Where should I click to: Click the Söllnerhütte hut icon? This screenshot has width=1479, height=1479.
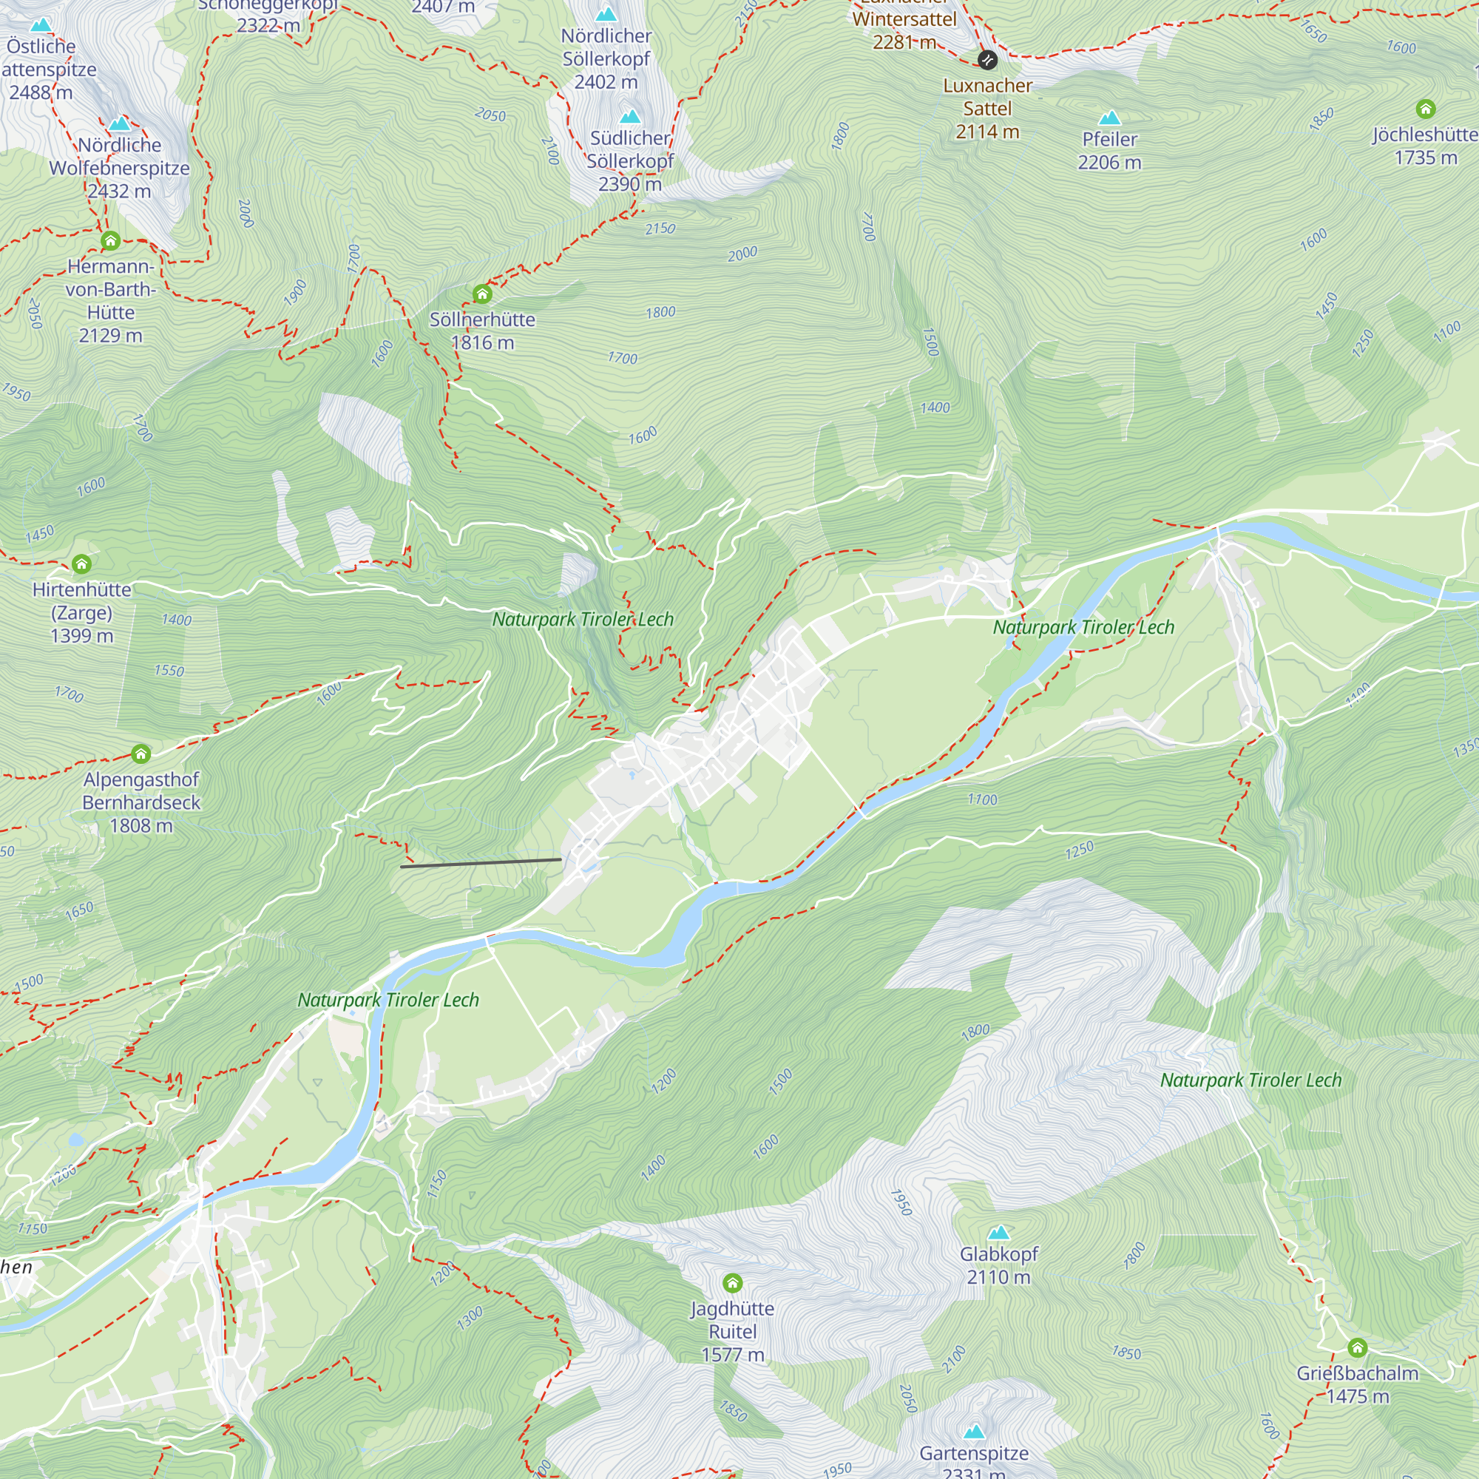click(x=481, y=294)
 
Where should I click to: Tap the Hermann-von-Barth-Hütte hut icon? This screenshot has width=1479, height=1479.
click(x=110, y=241)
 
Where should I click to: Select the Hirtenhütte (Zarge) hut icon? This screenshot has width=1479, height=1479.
click(x=81, y=564)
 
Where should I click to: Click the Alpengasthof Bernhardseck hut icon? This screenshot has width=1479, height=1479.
click(x=141, y=754)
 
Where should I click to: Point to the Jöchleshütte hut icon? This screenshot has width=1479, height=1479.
click(x=1426, y=109)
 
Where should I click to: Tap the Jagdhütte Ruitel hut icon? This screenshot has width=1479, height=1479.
click(x=733, y=1282)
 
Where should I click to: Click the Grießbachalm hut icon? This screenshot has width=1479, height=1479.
click(x=1357, y=1347)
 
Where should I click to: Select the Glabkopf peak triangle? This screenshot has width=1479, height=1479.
click(x=998, y=1233)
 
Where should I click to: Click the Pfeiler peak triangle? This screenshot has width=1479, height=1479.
click(x=1109, y=118)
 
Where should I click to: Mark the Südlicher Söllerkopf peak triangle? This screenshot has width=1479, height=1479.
click(x=630, y=116)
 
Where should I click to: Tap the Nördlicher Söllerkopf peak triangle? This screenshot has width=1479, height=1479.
click(x=606, y=15)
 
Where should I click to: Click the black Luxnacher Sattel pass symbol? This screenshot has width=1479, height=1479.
click(x=987, y=60)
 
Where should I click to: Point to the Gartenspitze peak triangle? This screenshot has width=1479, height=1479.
click(x=974, y=1432)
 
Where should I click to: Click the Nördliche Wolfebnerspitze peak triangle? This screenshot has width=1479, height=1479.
click(x=119, y=124)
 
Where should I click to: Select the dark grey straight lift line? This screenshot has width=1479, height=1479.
click(x=481, y=864)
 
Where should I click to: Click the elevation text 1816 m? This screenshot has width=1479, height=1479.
click(x=482, y=342)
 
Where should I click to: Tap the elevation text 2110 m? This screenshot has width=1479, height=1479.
click(x=998, y=1277)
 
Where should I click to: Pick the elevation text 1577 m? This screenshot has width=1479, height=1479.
click(x=733, y=1354)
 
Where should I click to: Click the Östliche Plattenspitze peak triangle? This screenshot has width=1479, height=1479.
click(x=41, y=25)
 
